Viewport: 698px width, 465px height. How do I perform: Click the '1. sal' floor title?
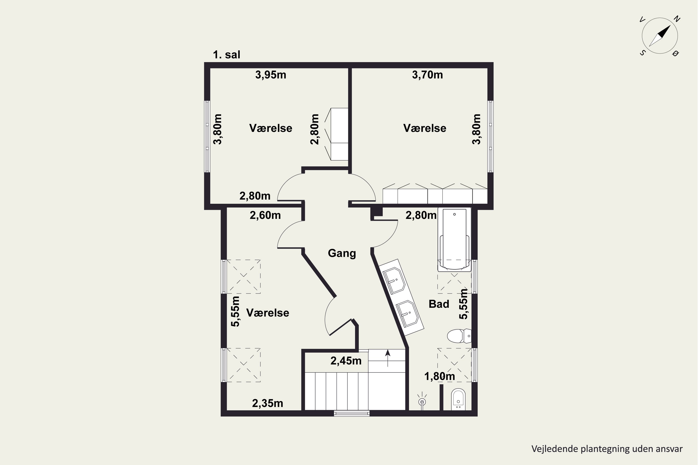(x=226, y=55)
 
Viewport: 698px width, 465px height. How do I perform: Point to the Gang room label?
(x=342, y=253)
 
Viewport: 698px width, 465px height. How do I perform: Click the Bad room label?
(x=439, y=304)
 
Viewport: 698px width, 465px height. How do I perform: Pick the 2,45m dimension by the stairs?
(x=346, y=361)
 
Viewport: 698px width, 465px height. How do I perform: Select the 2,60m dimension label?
(x=265, y=215)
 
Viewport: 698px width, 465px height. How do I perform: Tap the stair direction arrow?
(x=388, y=358)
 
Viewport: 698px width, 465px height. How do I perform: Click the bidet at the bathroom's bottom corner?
(x=458, y=399)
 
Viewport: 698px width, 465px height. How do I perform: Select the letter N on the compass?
(x=677, y=19)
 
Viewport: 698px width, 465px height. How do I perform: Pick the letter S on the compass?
(x=642, y=53)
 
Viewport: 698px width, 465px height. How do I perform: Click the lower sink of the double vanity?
(x=407, y=314)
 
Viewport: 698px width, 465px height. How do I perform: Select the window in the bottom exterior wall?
(x=352, y=413)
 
